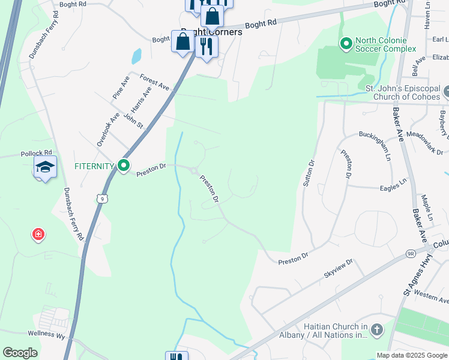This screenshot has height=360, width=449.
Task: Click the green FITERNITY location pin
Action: coord(124,165)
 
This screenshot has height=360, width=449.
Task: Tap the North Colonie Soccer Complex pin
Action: coord(346,43)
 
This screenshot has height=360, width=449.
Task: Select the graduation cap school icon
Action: coord(45,167)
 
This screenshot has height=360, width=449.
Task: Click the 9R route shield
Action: coord(411,254)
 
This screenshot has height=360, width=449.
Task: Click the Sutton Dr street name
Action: coord(309,173)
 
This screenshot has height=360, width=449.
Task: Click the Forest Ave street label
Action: coord(155,82)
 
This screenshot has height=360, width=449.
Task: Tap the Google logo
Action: coord(20,353)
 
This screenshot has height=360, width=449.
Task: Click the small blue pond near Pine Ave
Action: coord(136,56)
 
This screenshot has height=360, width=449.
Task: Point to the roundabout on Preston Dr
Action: coord(194,171)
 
